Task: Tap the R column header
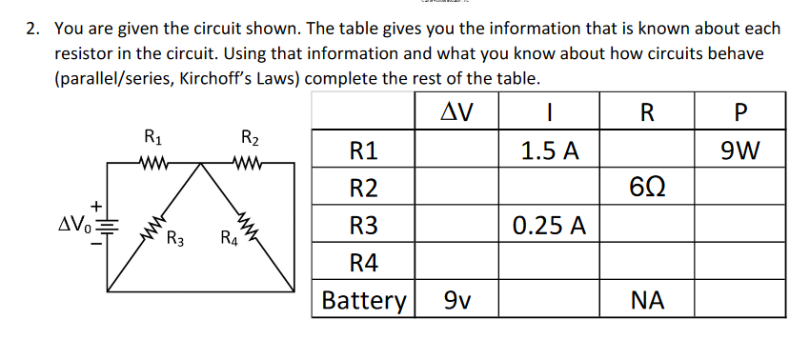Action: coord(646,112)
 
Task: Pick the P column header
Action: coord(739,112)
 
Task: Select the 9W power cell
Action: coord(739,150)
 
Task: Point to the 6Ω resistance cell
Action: coord(646,188)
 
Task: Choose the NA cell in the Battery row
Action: coord(646,301)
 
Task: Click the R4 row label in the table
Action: coord(363,263)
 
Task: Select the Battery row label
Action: coord(363,301)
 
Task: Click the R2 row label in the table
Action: coord(363,188)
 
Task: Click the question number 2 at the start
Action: coord(32,30)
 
